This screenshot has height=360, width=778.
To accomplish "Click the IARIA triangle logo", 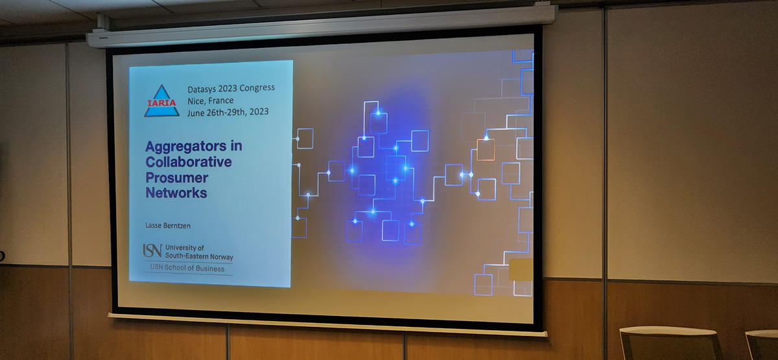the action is click(162, 101).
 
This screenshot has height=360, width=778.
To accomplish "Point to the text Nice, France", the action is click(211, 101).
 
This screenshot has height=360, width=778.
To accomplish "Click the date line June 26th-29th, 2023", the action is click(228, 112).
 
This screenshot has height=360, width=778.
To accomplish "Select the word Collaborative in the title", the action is click(189, 162).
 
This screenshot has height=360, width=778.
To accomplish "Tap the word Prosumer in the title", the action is click(177, 178).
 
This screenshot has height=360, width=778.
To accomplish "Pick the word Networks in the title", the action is click(176, 193).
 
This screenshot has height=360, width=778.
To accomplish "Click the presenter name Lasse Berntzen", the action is click(168, 226).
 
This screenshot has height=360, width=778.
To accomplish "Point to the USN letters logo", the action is click(152, 250).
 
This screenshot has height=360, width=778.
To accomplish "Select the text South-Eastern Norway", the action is click(199, 256).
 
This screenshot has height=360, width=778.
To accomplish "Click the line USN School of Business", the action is click(187, 269).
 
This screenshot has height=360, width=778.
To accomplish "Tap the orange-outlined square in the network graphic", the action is click(486, 150).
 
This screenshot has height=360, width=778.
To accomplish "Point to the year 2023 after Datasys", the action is click(228, 89).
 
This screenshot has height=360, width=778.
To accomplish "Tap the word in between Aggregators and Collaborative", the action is click(236, 146).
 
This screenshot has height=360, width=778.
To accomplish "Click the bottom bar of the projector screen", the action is click(327, 325).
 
